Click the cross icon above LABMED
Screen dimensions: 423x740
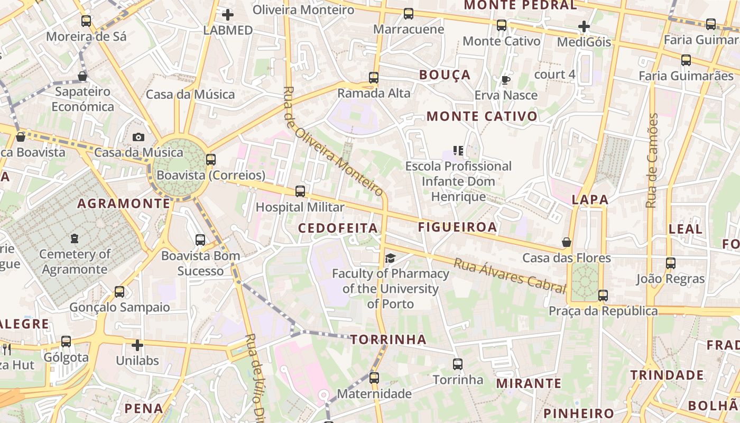tap(228, 15)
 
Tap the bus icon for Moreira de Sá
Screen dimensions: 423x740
tap(86, 21)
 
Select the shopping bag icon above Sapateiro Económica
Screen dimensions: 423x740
tap(82, 76)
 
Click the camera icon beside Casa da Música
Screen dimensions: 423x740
tap(138, 137)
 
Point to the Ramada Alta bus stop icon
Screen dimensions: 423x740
tap(374, 78)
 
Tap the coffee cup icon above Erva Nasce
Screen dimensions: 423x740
tap(506, 80)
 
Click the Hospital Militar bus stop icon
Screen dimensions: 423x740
tap(300, 191)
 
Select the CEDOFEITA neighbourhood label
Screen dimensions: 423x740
tap(338, 228)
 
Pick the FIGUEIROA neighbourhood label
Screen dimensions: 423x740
tap(458, 227)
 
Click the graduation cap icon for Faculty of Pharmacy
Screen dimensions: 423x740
tap(390, 258)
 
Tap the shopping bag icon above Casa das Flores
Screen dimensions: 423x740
tap(567, 242)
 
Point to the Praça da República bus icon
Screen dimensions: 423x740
tap(603, 296)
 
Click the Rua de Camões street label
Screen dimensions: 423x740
tap(652, 160)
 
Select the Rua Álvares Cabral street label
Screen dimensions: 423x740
tap(510, 275)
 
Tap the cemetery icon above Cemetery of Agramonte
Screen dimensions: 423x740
tap(75, 238)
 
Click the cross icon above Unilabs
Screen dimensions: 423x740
tap(137, 346)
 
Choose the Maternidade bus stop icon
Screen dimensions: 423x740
tap(374, 378)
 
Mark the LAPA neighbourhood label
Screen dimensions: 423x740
tap(590, 200)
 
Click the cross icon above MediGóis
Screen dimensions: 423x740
tap(584, 26)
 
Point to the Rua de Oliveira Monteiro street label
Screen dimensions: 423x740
tap(333, 141)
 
